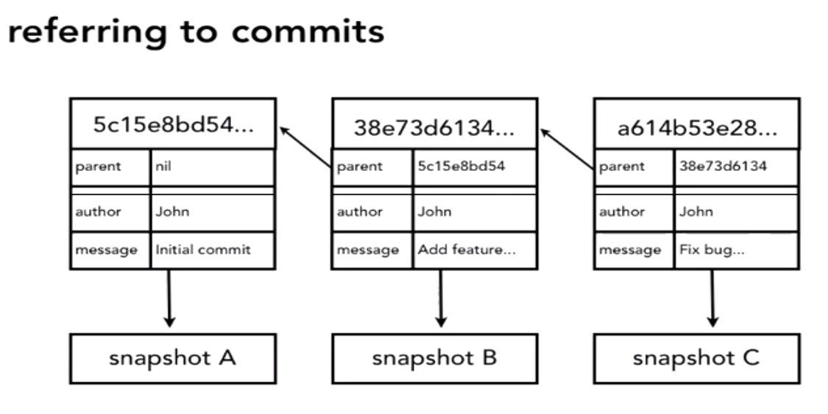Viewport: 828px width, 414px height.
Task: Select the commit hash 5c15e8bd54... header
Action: point(173,124)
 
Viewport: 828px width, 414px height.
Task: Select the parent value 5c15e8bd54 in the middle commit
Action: point(461,166)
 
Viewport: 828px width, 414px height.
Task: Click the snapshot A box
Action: point(173,359)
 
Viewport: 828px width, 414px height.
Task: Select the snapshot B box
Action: point(434,359)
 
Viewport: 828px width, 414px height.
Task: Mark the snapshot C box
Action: point(696,359)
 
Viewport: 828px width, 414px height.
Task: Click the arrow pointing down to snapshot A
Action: point(170,298)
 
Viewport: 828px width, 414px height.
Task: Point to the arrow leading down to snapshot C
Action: point(712,298)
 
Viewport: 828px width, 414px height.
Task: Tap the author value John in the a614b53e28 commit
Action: point(696,211)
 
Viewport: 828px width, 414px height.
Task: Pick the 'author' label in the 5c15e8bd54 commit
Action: point(98,211)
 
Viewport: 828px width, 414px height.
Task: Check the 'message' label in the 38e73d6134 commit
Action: point(368,250)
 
